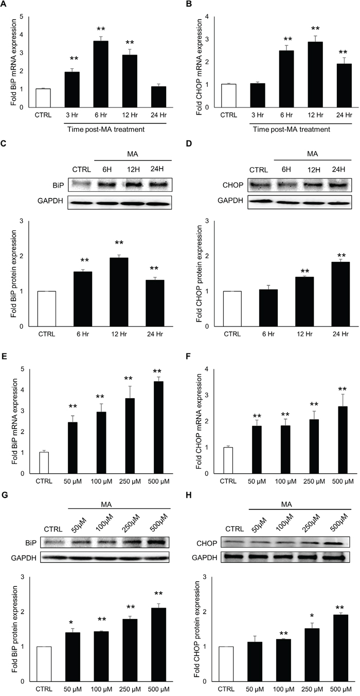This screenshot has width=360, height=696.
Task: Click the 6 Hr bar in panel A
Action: coord(101,74)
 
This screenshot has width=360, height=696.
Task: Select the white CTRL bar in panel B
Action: coord(229,96)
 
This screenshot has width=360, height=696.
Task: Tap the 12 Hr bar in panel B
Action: coord(315,75)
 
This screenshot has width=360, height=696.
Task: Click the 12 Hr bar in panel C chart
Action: coord(119,292)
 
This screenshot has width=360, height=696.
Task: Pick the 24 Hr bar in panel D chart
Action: coord(340,294)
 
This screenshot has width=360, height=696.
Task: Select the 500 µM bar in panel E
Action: coord(159,427)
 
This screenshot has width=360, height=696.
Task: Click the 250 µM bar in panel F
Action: coord(314,447)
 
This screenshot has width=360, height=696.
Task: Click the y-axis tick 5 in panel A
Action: coord(22,16)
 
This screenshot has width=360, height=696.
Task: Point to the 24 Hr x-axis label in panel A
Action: coord(159,115)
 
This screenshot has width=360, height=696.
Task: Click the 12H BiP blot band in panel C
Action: coord(133,185)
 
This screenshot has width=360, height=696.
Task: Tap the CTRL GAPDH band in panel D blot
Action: coord(258,201)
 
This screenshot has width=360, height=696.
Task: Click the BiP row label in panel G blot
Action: coord(31,543)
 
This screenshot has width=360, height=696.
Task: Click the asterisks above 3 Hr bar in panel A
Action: coord(74,59)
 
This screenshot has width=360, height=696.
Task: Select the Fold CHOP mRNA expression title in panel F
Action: coord(200,422)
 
